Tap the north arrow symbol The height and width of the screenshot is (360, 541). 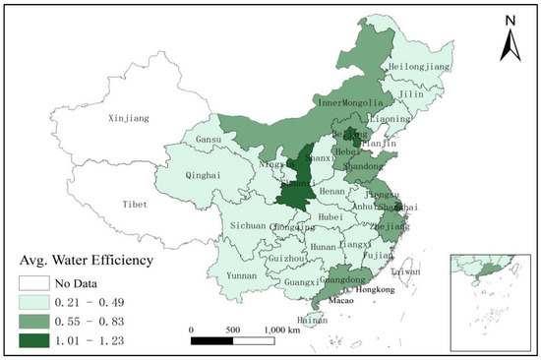coord(511,44)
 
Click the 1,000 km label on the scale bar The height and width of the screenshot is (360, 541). coord(282,330)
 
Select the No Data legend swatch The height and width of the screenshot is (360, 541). coord(35,282)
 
